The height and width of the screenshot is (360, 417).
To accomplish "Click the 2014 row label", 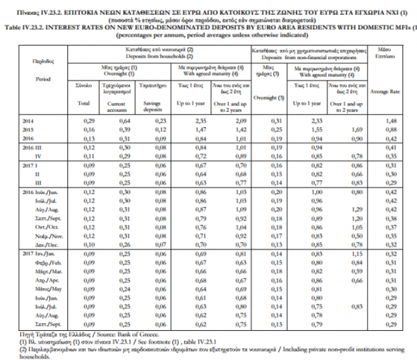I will tap(28, 122).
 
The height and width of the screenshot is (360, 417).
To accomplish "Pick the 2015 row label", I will tap(28, 130).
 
